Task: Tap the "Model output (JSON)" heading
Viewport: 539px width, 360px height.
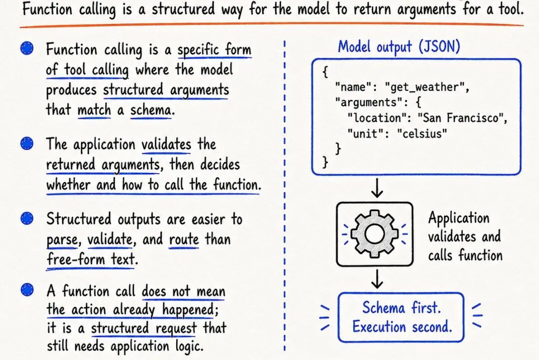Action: click(x=399, y=46)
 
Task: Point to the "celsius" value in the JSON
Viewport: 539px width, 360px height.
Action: click(x=422, y=133)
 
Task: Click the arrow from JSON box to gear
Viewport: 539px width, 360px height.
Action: click(x=377, y=188)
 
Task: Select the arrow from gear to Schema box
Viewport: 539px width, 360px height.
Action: click(x=377, y=279)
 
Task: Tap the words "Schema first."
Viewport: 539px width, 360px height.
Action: click(x=401, y=308)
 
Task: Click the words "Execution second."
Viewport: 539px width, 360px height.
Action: click(x=402, y=327)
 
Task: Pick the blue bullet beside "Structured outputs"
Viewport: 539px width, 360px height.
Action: click(x=27, y=218)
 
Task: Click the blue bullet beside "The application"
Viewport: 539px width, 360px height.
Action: click(x=27, y=143)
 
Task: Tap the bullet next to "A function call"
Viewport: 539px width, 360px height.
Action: click(x=27, y=290)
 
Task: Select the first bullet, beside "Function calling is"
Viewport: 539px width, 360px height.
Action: click(x=27, y=48)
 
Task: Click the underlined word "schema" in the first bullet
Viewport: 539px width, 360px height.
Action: click(x=151, y=110)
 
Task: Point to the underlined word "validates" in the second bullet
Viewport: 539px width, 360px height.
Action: click(x=166, y=144)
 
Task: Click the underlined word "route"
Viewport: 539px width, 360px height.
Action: click(x=184, y=239)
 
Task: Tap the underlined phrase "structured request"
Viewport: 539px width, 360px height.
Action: click(x=144, y=328)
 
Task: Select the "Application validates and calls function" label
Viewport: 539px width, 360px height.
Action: click(x=465, y=237)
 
